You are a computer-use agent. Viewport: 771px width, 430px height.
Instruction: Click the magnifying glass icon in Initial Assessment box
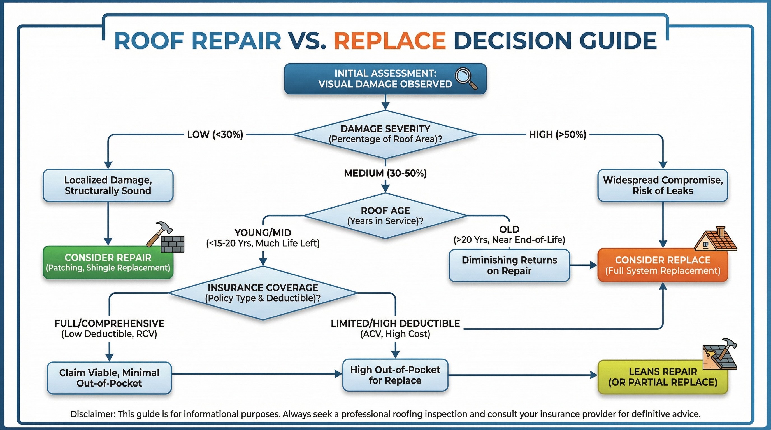(x=466, y=78)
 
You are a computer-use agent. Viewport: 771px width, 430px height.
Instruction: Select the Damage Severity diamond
(x=385, y=134)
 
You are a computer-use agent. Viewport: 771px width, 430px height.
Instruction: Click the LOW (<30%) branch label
(x=215, y=135)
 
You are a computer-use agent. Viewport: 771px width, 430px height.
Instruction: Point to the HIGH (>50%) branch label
(x=557, y=135)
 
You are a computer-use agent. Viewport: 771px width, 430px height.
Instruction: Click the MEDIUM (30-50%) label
(x=385, y=173)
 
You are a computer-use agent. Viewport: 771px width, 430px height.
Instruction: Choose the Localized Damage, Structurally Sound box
(x=108, y=185)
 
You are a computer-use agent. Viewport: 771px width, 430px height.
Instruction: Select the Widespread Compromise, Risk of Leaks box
(x=663, y=185)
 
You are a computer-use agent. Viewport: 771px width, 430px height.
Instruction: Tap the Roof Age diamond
(x=385, y=216)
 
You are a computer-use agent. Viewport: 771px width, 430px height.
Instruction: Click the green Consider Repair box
(x=108, y=263)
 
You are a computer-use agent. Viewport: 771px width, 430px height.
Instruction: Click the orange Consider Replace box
(x=663, y=265)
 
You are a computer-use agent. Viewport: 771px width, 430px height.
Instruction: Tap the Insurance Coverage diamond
(x=263, y=293)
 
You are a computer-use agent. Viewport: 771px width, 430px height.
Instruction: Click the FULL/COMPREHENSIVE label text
(x=109, y=324)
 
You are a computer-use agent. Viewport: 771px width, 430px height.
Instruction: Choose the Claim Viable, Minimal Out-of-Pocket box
(x=109, y=378)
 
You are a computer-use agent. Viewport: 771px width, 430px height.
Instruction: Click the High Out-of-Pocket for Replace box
(x=395, y=375)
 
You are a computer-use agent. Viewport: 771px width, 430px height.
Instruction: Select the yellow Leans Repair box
(x=663, y=377)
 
